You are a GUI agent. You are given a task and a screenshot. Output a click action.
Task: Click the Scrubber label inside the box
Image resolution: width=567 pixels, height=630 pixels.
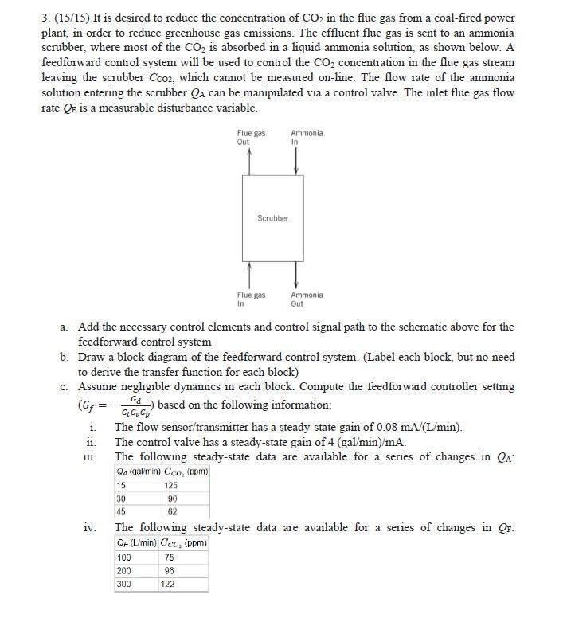click(x=272, y=217)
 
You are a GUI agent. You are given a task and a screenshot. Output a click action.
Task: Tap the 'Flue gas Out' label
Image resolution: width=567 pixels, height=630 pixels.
click(x=251, y=137)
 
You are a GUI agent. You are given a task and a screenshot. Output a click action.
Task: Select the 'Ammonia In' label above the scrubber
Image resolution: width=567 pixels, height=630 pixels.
click(x=307, y=137)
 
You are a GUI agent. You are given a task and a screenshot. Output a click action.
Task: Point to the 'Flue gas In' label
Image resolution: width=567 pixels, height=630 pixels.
click(x=251, y=299)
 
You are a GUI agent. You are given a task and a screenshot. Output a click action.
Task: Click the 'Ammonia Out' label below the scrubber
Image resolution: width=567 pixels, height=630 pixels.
click(x=307, y=299)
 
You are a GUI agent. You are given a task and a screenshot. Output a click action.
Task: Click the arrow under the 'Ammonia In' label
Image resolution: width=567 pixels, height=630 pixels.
click(x=296, y=161)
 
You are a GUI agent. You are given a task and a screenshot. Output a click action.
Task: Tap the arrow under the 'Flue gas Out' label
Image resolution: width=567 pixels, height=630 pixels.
click(x=250, y=161)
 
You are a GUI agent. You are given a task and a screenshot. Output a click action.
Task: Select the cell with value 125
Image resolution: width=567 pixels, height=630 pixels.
click(x=170, y=486)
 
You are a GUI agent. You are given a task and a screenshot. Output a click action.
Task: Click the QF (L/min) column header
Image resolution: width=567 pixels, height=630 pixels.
click(x=136, y=543)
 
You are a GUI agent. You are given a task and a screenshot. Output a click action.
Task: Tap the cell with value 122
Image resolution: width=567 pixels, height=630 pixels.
click(x=168, y=584)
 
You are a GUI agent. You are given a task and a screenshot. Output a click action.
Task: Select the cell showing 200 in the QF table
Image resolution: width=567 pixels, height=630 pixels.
click(x=124, y=571)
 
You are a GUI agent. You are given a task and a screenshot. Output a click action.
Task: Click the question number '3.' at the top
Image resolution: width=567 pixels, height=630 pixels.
click(x=45, y=18)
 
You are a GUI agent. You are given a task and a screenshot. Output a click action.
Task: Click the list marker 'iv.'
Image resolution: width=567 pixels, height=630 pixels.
click(x=90, y=527)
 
